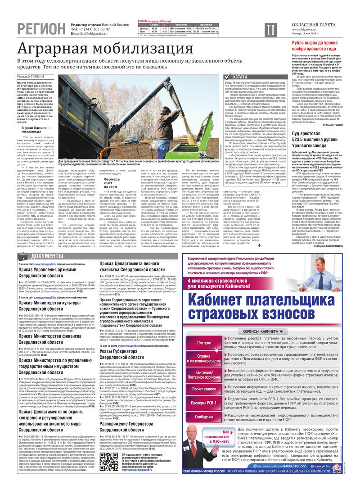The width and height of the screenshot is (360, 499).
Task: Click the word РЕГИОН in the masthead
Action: point(41,29)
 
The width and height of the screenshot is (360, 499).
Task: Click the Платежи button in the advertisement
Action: point(203,330)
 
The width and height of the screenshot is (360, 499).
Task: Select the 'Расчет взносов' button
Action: point(203,388)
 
